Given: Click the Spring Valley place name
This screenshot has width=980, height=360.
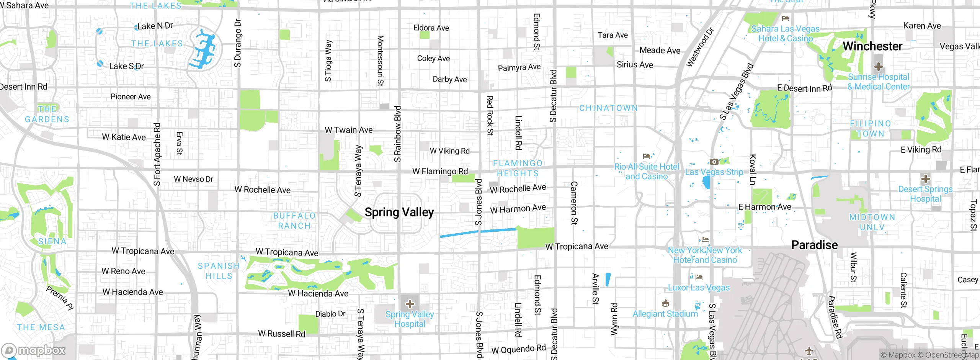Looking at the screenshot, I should tap(399, 212).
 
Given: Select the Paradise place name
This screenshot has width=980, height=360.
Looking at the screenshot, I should tap(814, 245).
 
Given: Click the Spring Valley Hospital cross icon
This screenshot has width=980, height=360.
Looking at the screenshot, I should tap(410, 304).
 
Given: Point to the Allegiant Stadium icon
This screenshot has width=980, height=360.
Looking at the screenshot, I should tap(665, 303).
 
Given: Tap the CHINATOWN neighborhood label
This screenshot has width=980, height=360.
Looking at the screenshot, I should tap(608, 108).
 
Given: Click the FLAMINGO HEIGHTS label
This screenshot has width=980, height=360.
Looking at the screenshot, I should tap(518, 169).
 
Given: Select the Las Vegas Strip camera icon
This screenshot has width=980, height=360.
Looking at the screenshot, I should tap(714, 162).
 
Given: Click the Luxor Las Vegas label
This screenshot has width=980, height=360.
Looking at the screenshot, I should tap(699, 288).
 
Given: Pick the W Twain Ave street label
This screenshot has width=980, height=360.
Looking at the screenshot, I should tap(348, 130).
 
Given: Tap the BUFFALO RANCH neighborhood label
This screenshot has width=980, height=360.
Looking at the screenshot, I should tap(294, 221).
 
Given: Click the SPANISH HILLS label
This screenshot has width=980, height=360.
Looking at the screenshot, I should tap(219, 271).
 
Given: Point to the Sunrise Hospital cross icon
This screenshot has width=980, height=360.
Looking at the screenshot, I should tap(878, 67).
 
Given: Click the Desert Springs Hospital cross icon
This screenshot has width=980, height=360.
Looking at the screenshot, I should tap(925, 179).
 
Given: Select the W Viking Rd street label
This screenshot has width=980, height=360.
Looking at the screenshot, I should tap(449, 151).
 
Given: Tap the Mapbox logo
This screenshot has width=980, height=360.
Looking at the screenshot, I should tap(34, 350).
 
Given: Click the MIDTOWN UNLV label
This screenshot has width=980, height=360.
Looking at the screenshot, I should tap(872, 222).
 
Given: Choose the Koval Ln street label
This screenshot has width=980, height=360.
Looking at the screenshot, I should tap(752, 170).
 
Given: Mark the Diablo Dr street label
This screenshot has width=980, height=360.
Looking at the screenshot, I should tap(330, 314).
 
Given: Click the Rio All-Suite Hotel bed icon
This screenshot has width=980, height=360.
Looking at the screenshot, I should tap(647, 156).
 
